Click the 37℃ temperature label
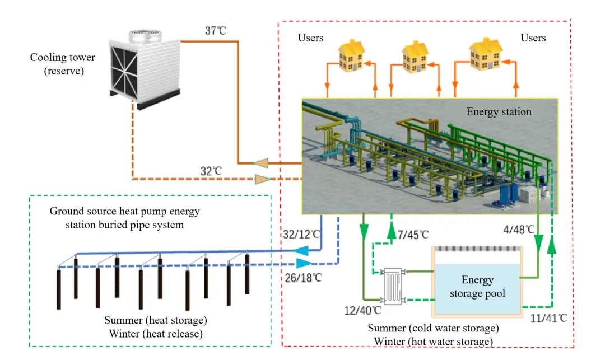point(215,31)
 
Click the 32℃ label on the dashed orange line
point(211,171)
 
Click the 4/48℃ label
point(519,229)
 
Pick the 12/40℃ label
point(362,309)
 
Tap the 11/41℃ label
point(548,318)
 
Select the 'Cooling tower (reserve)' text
point(63,64)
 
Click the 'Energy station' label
point(499,112)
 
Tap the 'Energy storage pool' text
point(477,287)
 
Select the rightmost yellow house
point(485,54)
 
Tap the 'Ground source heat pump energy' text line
point(124,212)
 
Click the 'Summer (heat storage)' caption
point(156,321)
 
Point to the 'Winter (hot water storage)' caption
point(434,342)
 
